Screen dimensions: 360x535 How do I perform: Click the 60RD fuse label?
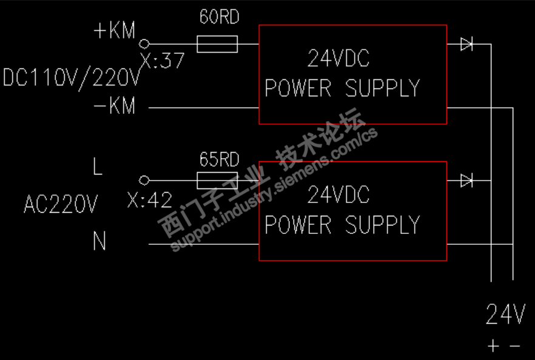coord(219,17)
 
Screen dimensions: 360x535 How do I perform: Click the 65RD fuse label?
coord(219,160)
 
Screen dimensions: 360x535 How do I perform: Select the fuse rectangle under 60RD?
coord(217,44)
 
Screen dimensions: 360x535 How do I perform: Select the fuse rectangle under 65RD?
coord(217,181)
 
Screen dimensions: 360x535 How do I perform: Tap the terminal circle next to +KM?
coord(144,44)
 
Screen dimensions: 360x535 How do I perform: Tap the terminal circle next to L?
coord(144,181)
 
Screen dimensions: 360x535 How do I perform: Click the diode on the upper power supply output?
coord(466,44)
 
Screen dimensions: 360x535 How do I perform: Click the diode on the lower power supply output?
coord(466,181)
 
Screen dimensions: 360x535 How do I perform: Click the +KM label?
coord(115,31)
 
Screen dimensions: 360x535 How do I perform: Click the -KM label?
coord(115,107)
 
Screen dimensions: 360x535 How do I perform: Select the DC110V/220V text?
coord(72,78)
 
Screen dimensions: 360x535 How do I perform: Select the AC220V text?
coord(60,205)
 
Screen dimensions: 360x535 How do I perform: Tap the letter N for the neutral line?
coord(99,242)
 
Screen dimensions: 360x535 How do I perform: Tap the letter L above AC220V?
coord(98,167)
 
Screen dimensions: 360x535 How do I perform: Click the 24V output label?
coord(505,315)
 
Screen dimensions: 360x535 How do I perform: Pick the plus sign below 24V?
coord(494,346)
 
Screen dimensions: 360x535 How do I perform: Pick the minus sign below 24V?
coord(515,346)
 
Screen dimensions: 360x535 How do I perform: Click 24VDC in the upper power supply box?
coord(338,59)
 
